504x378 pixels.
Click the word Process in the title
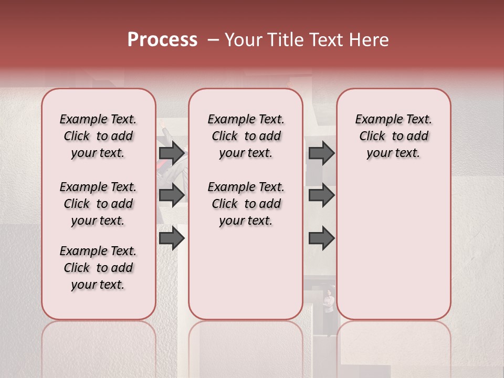pyautogui.click(x=162, y=40)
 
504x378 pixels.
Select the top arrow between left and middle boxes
pyautogui.click(x=172, y=153)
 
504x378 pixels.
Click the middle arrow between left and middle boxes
pyautogui.click(x=172, y=195)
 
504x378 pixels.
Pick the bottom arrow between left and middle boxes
pyautogui.click(x=172, y=239)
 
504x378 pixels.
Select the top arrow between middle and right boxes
pyautogui.click(x=321, y=153)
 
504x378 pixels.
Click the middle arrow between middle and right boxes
pyautogui.click(x=321, y=195)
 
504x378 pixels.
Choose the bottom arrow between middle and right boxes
pyautogui.click(x=321, y=239)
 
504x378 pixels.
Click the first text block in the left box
pyautogui.click(x=98, y=136)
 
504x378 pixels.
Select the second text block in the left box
pyautogui.click(x=98, y=204)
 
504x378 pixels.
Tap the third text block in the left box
pyautogui.click(x=98, y=268)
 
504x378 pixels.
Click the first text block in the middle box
pyautogui.click(x=246, y=136)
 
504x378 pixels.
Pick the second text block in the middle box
pyautogui.click(x=246, y=204)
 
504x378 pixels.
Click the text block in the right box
pyautogui.click(x=393, y=136)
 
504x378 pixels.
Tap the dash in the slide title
pyautogui.click(x=213, y=40)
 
